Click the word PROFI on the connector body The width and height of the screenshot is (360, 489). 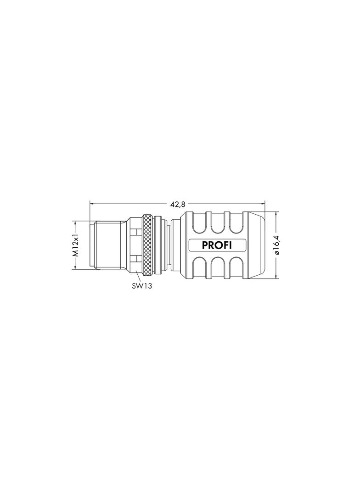coord(217,245)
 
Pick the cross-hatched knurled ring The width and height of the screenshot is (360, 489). coord(147,245)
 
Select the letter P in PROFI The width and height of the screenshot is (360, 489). coord(205,245)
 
